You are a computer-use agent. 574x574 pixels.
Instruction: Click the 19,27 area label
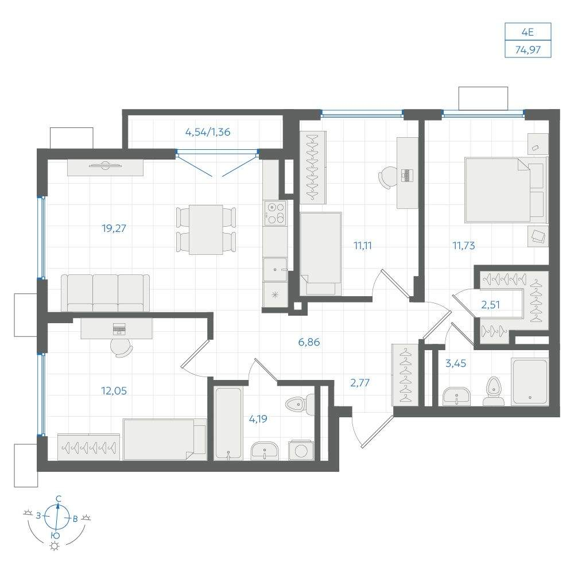(x=114, y=229)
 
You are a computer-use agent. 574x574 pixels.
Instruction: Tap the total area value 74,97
(x=528, y=49)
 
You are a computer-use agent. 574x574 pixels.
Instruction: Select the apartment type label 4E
(x=528, y=32)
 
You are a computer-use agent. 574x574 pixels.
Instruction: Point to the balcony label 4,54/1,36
(x=208, y=132)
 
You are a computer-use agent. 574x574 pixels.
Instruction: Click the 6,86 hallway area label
(x=309, y=342)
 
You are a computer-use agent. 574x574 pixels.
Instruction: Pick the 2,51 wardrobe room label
(x=490, y=305)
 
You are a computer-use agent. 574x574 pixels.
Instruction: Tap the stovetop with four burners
(x=275, y=213)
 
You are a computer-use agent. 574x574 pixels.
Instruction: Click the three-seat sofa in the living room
(x=105, y=293)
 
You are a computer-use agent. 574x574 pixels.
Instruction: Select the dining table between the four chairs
(x=206, y=230)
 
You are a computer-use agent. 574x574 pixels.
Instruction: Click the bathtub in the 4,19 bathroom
(x=228, y=423)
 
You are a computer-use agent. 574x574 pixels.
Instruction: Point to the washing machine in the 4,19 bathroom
(x=301, y=450)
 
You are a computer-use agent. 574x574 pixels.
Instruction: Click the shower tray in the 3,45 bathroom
(x=530, y=381)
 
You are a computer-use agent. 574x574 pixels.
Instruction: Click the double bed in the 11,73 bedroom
(x=506, y=189)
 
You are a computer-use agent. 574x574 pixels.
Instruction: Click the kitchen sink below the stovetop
(x=275, y=269)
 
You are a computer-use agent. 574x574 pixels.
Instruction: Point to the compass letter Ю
(x=55, y=535)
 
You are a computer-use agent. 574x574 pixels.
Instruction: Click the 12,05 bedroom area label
(x=114, y=391)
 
